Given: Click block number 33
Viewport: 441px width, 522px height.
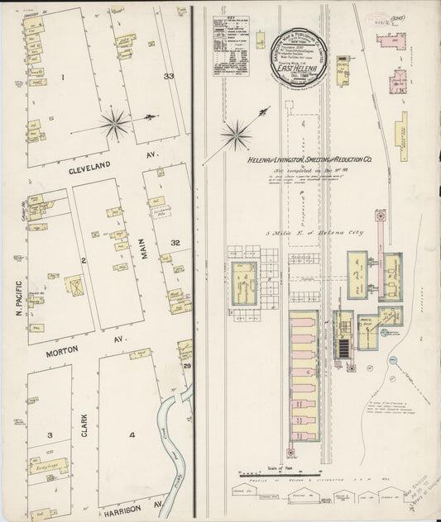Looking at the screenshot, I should tap(169, 76).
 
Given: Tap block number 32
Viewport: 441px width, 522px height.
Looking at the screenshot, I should tap(175, 243).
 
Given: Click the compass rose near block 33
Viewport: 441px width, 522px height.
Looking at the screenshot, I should tap(114, 125).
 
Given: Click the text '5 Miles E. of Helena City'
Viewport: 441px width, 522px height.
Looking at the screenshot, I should tap(309, 234).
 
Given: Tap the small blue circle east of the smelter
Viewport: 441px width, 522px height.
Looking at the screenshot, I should tap(394, 359).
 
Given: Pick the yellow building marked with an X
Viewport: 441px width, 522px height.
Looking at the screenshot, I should tap(75, 287).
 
